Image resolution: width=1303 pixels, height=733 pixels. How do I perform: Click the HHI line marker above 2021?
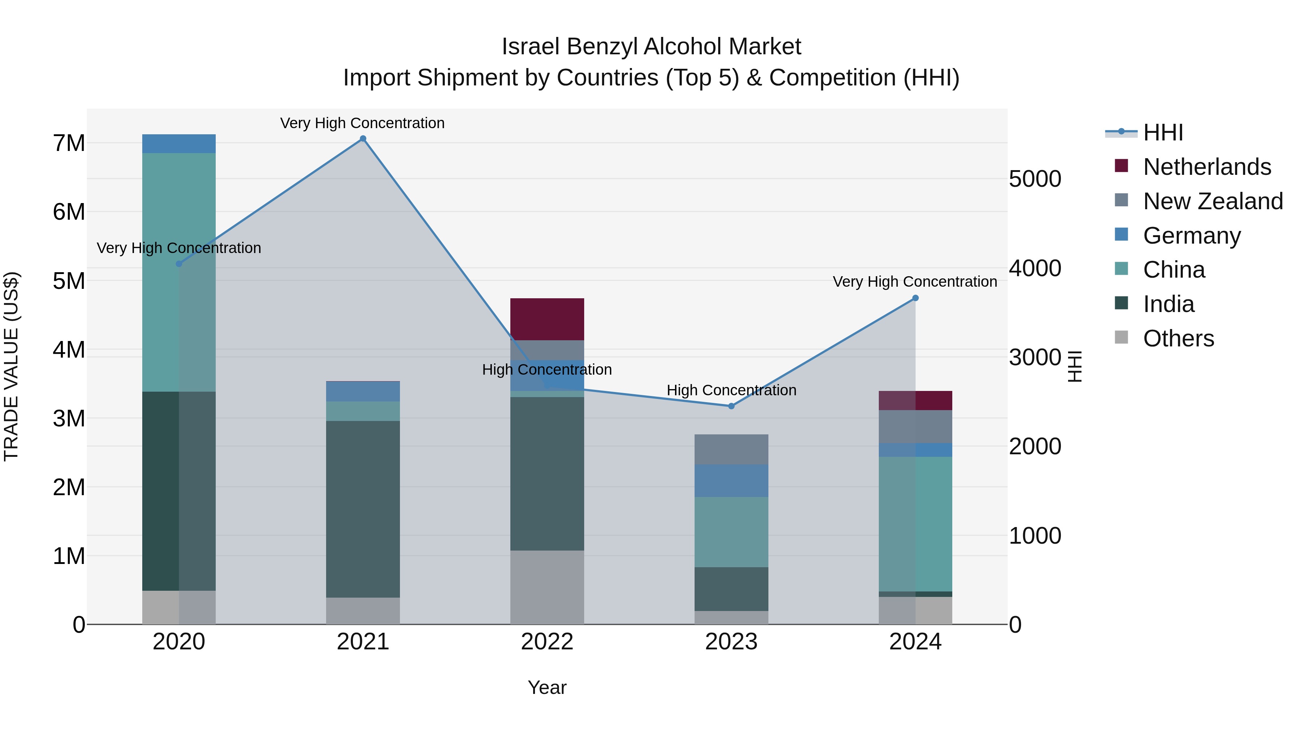pyautogui.click(x=363, y=139)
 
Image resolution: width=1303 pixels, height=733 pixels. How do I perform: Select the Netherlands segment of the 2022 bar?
pyautogui.click(x=547, y=319)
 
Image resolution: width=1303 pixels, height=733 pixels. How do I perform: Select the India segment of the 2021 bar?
pyautogui.click(x=363, y=509)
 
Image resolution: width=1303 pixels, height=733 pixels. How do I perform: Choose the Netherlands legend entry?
pyautogui.click(x=1206, y=167)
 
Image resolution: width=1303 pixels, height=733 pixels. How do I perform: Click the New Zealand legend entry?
pyautogui.click(x=1213, y=201)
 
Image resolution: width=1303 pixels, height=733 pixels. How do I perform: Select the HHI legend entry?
pyautogui.click(x=1162, y=132)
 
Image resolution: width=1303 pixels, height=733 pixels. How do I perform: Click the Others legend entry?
pyautogui.click(x=1178, y=338)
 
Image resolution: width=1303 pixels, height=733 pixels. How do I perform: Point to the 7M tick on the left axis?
pyautogui.click(x=69, y=143)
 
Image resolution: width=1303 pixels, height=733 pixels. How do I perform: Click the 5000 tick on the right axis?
pyautogui.click(x=1035, y=179)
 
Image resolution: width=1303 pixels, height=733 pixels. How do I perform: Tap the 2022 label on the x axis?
pyautogui.click(x=547, y=642)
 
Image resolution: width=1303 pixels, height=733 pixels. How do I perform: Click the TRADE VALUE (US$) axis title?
pyautogui.click(x=11, y=366)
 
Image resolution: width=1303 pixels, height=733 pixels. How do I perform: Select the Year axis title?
pyautogui.click(x=547, y=687)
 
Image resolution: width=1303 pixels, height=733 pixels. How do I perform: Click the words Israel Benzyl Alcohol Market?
pyautogui.click(x=651, y=47)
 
